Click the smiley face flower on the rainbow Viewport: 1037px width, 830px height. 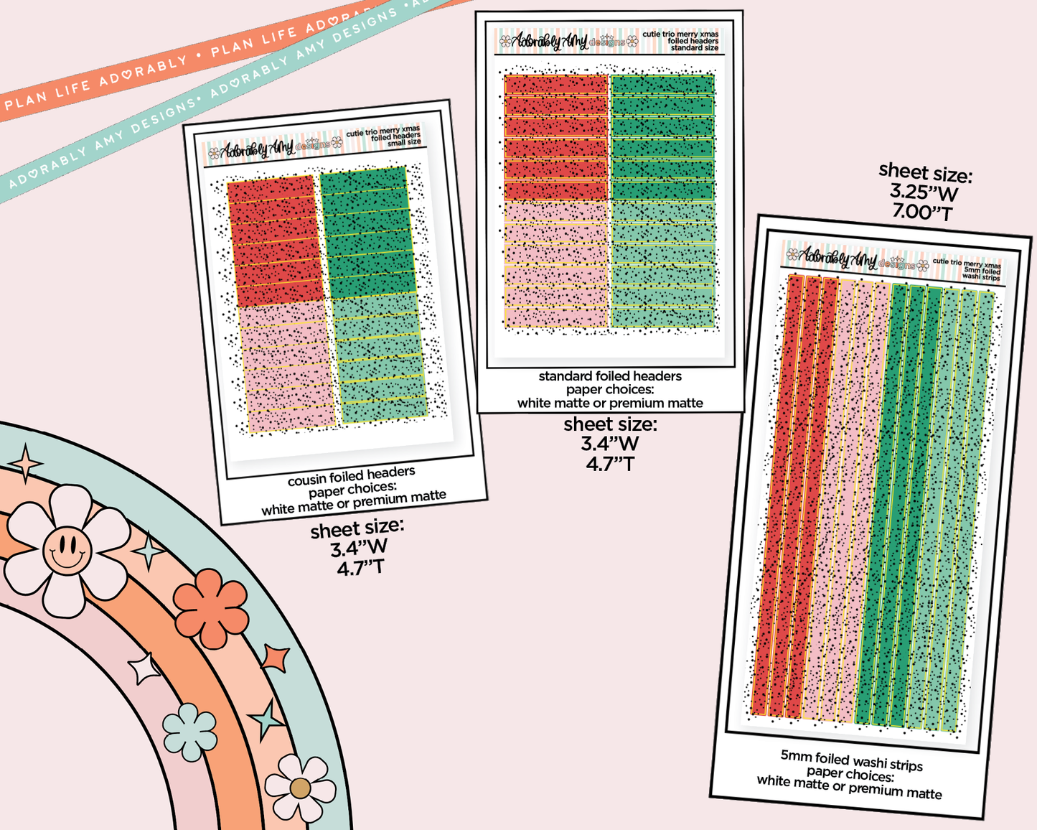pos(67,550)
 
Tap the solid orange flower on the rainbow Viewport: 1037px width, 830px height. pos(211,608)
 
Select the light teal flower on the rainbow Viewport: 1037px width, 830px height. pos(189,732)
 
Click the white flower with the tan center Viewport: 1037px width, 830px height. pos(300,788)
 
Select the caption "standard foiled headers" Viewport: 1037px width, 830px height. pos(610,376)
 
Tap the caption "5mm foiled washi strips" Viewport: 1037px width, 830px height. pos(852,760)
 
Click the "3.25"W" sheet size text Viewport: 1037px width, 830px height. pos(924,192)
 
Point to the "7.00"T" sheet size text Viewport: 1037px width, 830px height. pos(922,213)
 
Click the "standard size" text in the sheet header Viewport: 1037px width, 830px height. pos(694,48)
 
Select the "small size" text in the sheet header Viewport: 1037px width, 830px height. pos(404,143)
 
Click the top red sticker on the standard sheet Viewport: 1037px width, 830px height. pos(556,85)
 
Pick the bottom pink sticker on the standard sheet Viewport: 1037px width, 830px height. pos(556,317)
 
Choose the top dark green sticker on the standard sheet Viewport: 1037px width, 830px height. pos(662,85)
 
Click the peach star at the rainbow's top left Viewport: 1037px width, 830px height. pos(27,463)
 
